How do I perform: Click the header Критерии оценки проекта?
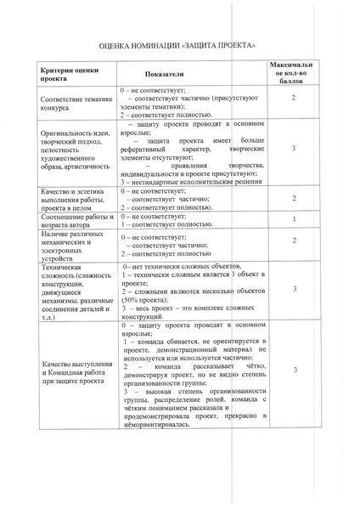coord(69,75)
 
